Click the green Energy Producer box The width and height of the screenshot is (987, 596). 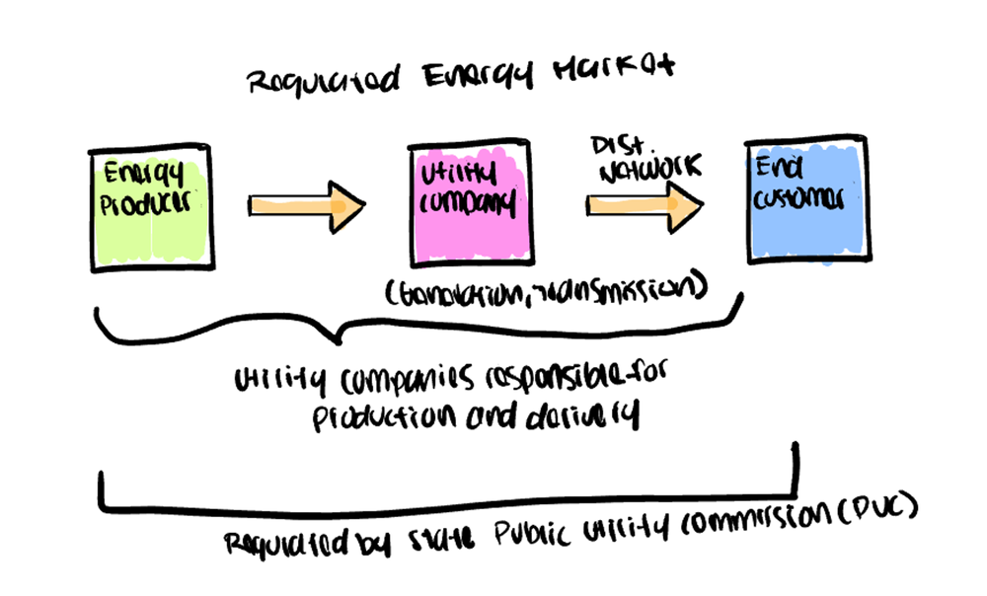149,208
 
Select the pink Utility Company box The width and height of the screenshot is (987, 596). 471,206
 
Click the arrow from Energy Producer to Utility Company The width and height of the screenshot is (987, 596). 307,205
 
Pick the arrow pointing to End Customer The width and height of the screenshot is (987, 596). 646,204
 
